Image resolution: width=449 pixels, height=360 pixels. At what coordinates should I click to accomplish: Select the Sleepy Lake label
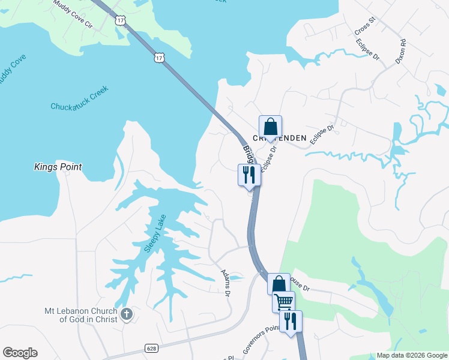[x=153, y=233]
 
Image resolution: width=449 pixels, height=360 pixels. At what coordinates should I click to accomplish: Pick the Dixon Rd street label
[x=400, y=52]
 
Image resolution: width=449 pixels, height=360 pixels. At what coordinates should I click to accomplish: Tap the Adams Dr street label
[x=225, y=282]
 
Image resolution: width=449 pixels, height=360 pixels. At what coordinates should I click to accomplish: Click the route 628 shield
[x=151, y=347]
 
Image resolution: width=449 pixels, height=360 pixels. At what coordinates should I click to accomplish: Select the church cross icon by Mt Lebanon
[x=126, y=314]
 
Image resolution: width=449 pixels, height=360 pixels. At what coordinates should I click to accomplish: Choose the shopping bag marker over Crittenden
[x=270, y=127]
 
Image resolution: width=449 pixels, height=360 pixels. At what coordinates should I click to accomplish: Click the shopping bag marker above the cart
[x=279, y=284]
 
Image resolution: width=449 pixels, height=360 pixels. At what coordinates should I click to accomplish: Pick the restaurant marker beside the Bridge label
[x=249, y=175]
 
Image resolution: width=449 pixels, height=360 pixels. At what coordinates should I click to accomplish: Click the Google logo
[x=20, y=353]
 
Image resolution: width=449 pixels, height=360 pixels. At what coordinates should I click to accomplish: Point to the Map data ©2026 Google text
[x=411, y=355]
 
